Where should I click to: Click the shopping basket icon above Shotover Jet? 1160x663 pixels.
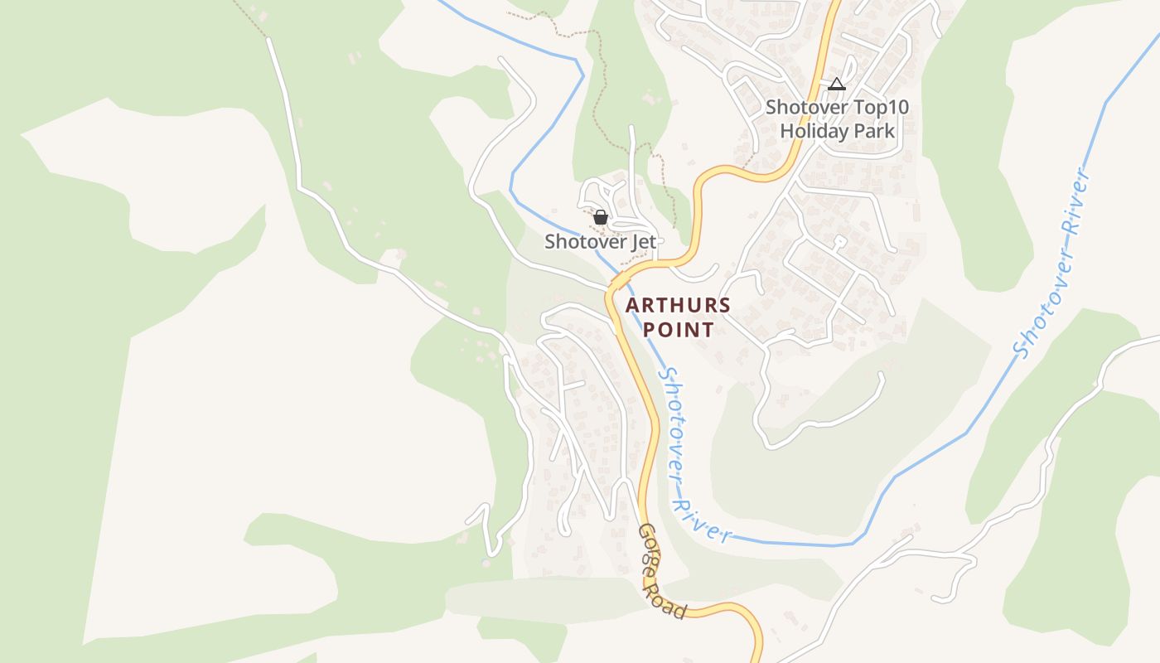pyautogui.click(x=601, y=218)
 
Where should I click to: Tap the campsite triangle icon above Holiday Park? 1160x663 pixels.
pyautogui.click(x=837, y=84)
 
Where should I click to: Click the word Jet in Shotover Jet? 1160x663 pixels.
pyautogui.click(x=642, y=242)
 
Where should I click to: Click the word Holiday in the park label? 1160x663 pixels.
pyautogui.click(x=814, y=131)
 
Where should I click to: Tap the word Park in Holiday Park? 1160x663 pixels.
pyautogui.click(x=874, y=131)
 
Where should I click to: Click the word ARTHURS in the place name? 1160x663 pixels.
pyautogui.click(x=678, y=305)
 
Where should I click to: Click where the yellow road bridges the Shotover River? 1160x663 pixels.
pyautogui.click(x=617, y=283)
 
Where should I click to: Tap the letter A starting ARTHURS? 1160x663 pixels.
pyautogui.click(x=633, y=305)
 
